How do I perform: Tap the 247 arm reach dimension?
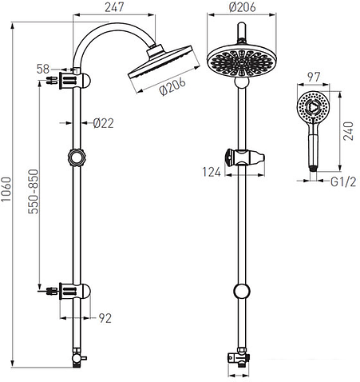pos(114,7)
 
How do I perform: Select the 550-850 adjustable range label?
pos(34,192)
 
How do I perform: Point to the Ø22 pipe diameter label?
pos(104,123)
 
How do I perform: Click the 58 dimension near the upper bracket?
pos(43,69)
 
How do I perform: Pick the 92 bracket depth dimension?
pos(105,318)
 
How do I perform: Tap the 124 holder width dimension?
pos(212,172)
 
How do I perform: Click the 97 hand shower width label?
pos(314,78)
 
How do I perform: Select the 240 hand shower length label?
pos(348,131)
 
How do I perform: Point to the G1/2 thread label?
pos(343,182)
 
